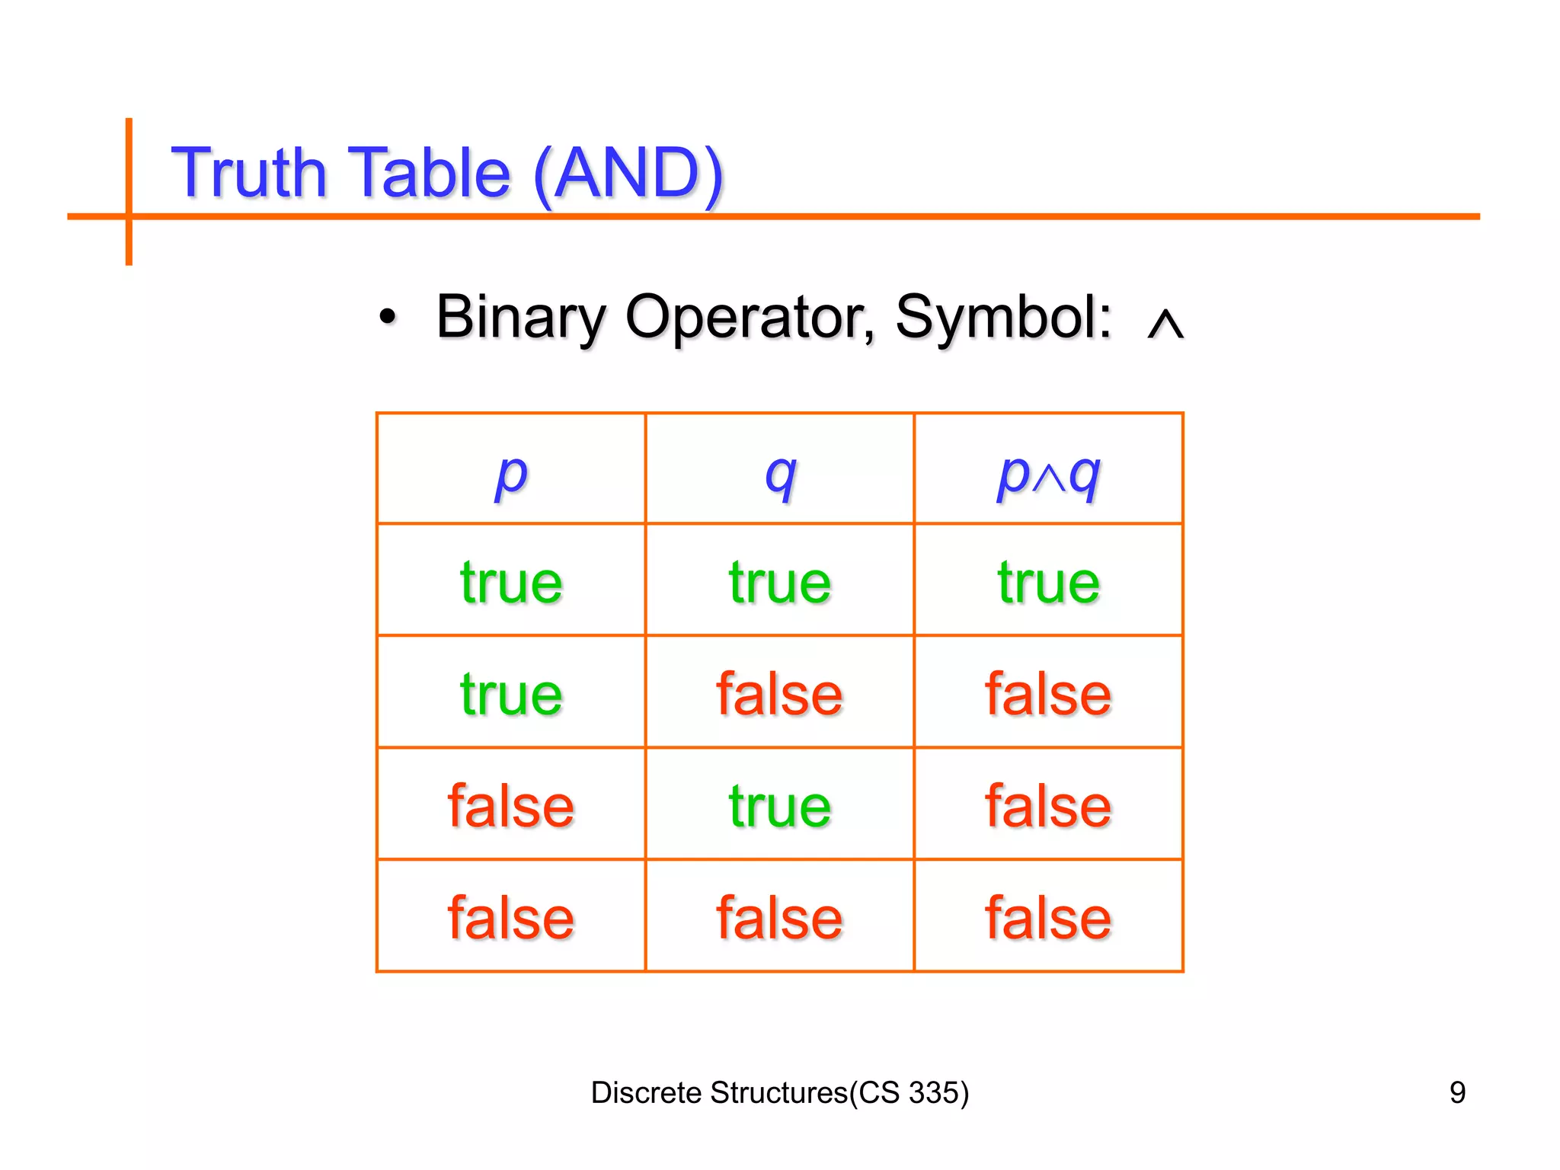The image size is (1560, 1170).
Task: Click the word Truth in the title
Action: [x=249, y=173]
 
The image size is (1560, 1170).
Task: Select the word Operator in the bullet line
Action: [x=750, y=317]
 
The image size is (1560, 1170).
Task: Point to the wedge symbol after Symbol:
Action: [x=1165, y=323]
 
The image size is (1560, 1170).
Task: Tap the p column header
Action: [x=511, y=474]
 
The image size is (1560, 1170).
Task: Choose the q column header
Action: [x=780, y=474]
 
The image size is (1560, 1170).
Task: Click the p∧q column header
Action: [x=1048, y=474]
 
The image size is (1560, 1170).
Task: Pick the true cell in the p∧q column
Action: [x=1048, y=583]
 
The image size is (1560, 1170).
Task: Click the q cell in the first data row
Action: [x=780, y=583]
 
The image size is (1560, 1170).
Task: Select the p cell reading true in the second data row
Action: [x=511, y=694]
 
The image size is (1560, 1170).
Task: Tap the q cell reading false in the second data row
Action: [x=780, y=694]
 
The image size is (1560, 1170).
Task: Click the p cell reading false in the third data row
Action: [x=511, y=806]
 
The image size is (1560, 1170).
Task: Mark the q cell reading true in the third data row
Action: [x=780, y=806]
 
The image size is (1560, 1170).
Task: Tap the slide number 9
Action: [x=1456, y=1092]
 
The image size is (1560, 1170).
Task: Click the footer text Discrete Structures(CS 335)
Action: [x=780, y=1092]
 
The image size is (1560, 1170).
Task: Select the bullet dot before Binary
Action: [x=388, y=317]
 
